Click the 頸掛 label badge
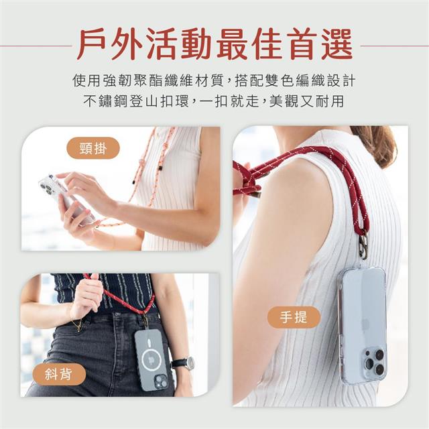[93, 148]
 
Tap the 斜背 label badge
[59, 374]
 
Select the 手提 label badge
[294, 317]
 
